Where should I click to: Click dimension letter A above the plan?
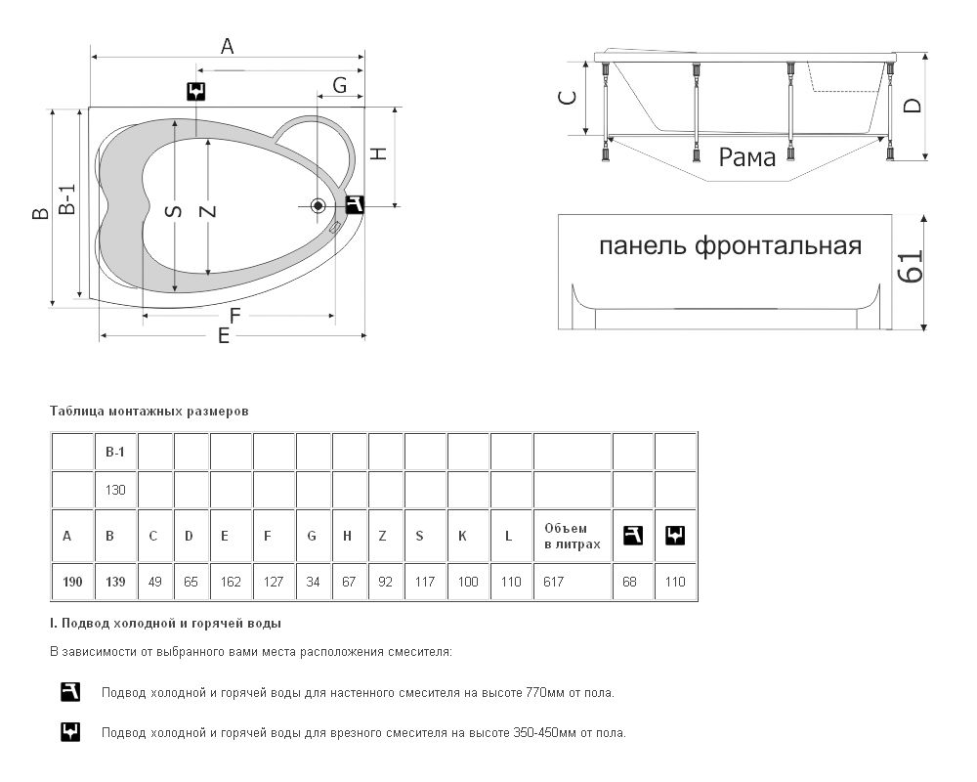click(227, 46)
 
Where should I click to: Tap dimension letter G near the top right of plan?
click(340, 85)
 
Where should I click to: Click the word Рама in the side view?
click(747, 156)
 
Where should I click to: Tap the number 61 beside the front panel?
click(910, 266)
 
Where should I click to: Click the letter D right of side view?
click(912, 106)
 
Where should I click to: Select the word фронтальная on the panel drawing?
click(779, 245)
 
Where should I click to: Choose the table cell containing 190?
click(72, 582)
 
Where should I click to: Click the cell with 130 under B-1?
click(115, 488)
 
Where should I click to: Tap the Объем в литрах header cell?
click(572, 536)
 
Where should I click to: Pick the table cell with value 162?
click(231, 582)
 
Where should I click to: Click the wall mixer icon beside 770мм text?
click(70, 693)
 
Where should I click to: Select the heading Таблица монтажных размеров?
click(149, 412)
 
